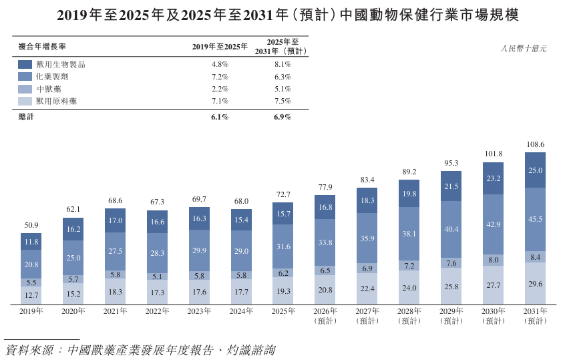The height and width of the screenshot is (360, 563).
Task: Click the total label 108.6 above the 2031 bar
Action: point(536,144)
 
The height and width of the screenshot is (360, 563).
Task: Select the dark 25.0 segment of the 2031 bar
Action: point(535,170)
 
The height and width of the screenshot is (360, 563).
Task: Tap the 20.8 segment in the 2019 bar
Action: point(31,264)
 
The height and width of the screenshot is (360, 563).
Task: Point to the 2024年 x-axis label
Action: point(241,311)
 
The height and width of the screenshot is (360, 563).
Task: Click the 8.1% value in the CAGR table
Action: point(283,64)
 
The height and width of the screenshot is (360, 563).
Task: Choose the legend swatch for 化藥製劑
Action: point(25,76)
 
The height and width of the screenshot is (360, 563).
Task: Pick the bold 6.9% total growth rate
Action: point(283,117)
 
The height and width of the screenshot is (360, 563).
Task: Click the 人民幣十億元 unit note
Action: point(524,49)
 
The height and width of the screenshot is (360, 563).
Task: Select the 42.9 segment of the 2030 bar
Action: point(493,224)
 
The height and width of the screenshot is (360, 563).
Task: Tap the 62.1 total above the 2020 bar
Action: point(73,209)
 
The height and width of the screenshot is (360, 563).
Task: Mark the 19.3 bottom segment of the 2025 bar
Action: point(283,291)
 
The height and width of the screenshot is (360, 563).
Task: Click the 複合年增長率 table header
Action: point(42,47)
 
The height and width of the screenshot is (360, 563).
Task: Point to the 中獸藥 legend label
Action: point(49,89)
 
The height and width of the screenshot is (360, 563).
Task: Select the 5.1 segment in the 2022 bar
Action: point(157,277)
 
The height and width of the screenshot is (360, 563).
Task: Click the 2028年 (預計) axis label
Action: point(409,316)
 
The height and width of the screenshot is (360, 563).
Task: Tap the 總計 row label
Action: point(26,117)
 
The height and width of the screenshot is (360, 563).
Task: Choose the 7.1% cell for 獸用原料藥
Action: point(220,102)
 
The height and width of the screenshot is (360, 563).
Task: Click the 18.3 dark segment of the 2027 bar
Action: point(367,200)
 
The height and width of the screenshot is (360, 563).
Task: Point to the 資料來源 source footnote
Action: point(141,350)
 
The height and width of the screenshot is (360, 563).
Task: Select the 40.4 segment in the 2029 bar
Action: point(451,229)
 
